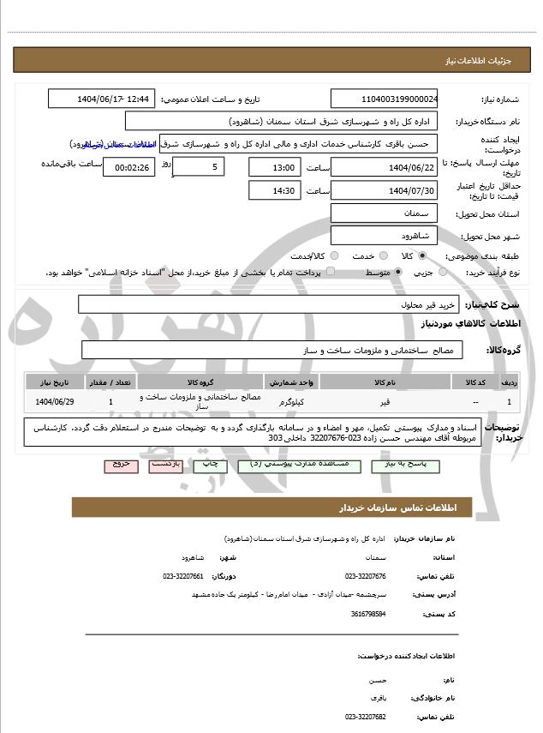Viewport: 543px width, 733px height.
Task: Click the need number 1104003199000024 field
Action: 385,99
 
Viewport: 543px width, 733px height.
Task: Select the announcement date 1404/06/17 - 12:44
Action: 102,99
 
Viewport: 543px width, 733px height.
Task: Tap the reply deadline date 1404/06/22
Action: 385,166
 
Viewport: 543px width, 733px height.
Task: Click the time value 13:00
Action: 274,166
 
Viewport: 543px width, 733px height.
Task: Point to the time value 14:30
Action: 274,189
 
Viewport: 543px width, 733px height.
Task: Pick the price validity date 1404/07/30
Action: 385,189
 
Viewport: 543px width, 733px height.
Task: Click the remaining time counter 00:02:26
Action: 128,166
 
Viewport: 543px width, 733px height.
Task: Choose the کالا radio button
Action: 422,255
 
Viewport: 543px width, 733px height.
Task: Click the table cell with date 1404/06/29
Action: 55,401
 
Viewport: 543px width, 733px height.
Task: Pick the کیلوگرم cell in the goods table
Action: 294,401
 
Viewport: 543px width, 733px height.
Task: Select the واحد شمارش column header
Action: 294,382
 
